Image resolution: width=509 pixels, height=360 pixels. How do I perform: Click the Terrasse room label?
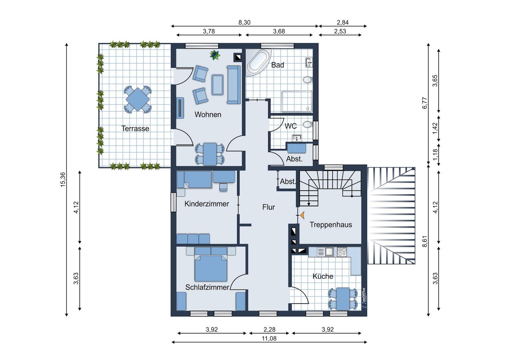tap(135, 128)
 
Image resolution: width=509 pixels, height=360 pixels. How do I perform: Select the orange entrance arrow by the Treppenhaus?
tap(302, 215)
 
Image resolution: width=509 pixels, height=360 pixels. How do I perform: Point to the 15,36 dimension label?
tap(63, 180)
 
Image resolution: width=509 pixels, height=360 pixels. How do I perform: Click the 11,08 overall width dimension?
tap(269, 339)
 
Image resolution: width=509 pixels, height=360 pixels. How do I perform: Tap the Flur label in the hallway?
tap(268, 207)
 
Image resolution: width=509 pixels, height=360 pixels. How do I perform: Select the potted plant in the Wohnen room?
tap(215, 55)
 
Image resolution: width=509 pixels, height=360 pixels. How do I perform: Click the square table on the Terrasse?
tap(138, 100)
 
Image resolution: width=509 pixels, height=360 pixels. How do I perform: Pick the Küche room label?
tap(323, 276)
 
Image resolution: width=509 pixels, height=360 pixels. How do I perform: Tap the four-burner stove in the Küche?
tap(342, 252)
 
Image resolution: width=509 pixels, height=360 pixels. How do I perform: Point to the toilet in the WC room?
tap(308, 125)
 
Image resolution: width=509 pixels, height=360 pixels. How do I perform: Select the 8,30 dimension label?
tap(244, 23)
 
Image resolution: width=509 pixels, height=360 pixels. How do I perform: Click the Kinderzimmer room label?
tap(207, 204)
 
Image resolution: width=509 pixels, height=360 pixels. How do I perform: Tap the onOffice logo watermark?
tap(364, 298)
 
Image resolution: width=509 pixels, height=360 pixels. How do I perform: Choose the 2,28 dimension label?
tap(269, 329)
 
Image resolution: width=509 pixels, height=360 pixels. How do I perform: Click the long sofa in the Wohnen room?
tap(234, 85)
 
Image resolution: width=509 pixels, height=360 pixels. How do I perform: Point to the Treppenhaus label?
tap(331, 225)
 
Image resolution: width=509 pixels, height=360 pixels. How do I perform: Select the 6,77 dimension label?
tap(425, 103)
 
